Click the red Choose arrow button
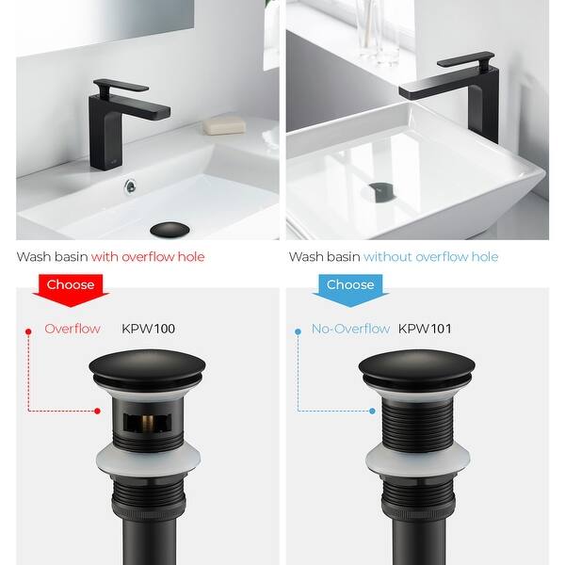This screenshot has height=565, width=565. pos(71,286)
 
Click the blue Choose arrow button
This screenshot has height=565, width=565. pos(349,286)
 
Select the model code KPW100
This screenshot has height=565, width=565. pos(148,330)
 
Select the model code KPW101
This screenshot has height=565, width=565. pos(425,330)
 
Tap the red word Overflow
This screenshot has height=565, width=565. pos(73,330)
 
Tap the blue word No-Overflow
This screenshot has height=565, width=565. pos(350,330)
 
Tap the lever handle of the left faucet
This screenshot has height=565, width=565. pos(123,86)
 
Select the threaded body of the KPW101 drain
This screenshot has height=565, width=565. pos(415,419)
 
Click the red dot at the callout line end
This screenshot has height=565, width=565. pos(97,411)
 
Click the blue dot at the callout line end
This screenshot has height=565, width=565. pos(373,411)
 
